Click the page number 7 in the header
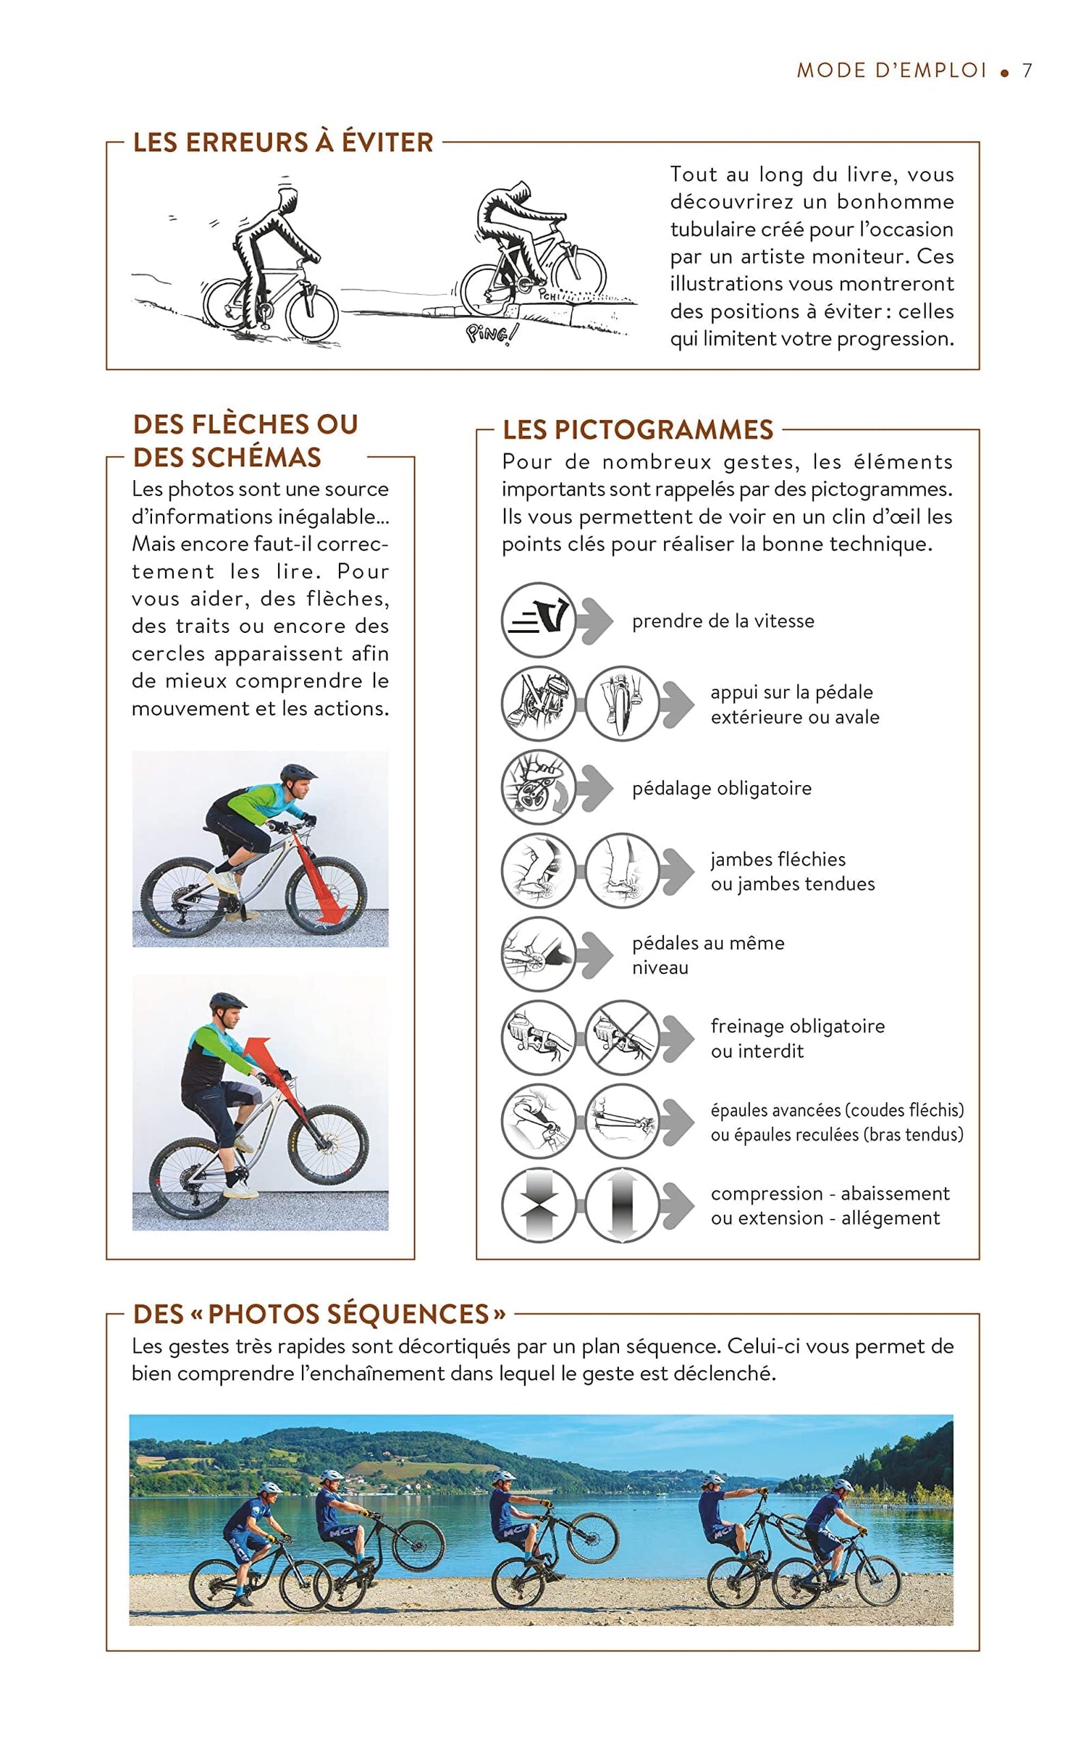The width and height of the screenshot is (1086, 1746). coord(1027,70)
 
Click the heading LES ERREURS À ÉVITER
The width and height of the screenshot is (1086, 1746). coord(283,142)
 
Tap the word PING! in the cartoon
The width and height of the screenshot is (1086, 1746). coord(492,334)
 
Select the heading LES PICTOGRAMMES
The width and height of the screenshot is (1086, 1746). coord(637,429)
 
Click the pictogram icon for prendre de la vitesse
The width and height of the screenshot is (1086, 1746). coord(538,620)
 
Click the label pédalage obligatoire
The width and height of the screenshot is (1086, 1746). coord(721,788)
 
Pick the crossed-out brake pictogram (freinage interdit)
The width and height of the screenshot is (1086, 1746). coord(621,1038)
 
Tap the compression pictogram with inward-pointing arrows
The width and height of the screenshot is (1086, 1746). coord(538,1205)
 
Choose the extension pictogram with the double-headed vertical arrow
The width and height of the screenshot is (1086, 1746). coord(621,1205)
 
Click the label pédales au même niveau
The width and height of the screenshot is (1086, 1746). coord(707,954)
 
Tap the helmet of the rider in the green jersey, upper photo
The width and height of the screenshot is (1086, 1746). coord(298,773)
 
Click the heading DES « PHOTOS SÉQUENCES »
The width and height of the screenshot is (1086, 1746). coord(319,1314)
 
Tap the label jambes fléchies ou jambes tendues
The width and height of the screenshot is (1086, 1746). coord(792,871)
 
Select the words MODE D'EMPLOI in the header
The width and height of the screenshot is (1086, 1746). coord(892,70)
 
